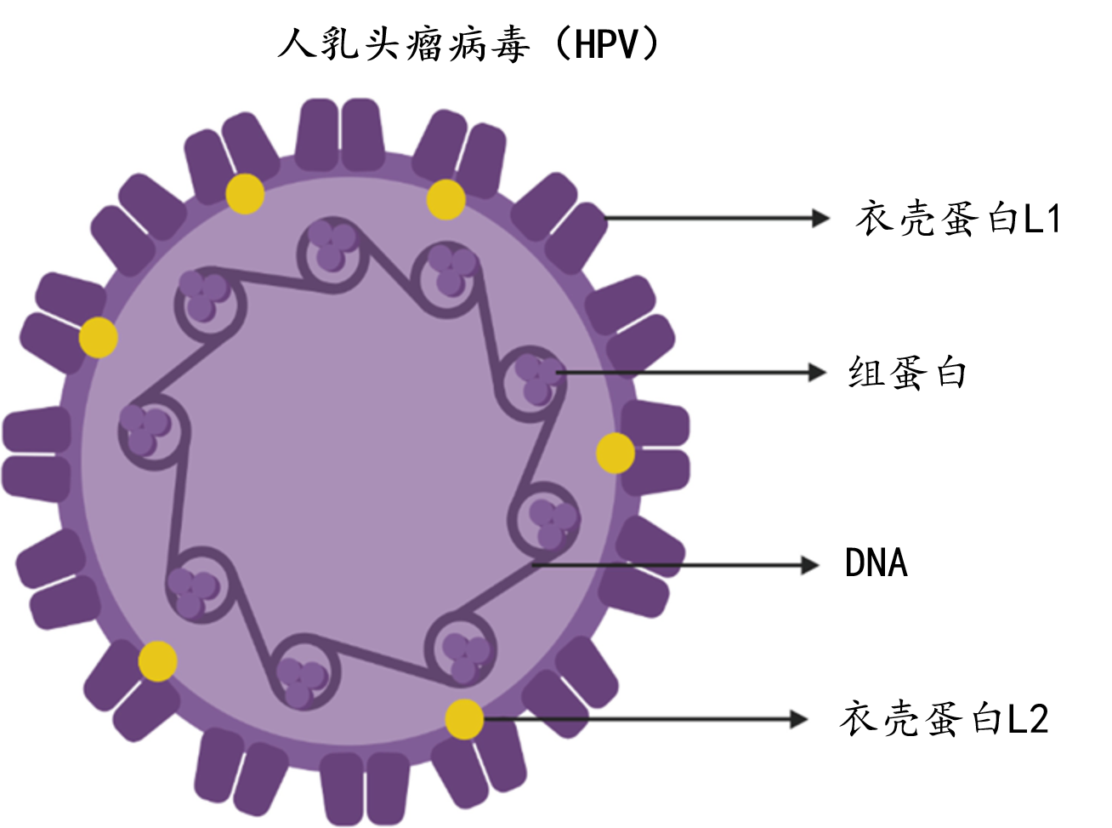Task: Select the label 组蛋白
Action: [907, 373]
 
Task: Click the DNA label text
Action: [876, 563]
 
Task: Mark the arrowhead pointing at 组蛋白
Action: [817, 372]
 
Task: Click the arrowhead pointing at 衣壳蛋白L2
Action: [798, 719]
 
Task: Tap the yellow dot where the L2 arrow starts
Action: [464, 719]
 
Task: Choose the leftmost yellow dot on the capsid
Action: [99, 338]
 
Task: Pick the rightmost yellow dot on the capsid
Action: [615, 453]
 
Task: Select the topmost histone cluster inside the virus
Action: [330, 243]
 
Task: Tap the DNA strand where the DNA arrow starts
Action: [536, 563]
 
